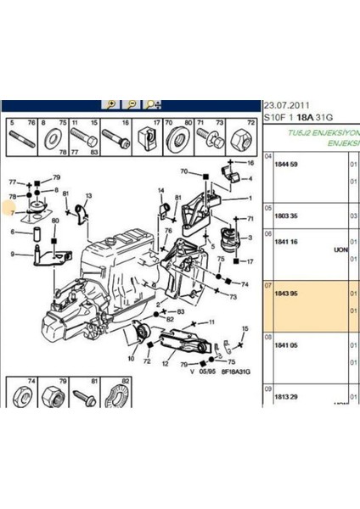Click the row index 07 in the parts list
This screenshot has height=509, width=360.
[x=269, y=287]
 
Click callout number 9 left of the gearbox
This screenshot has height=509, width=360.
[x=13, y=253]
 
